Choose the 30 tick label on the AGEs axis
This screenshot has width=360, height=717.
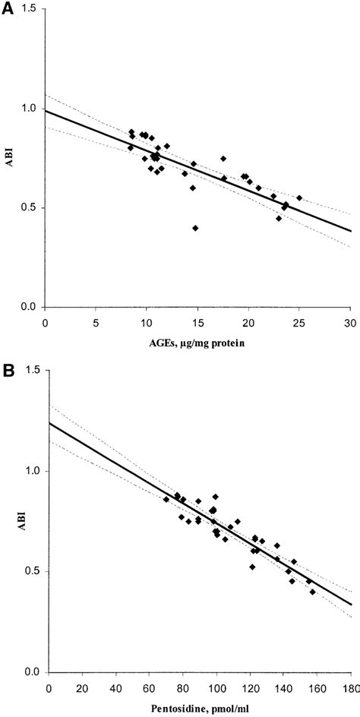[350, 322]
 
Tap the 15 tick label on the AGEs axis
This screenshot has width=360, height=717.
[197, 322]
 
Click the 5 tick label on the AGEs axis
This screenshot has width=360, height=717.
[96, 322]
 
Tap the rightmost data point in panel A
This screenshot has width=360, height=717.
[299, 197]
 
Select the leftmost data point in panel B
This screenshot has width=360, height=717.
[166, 499]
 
